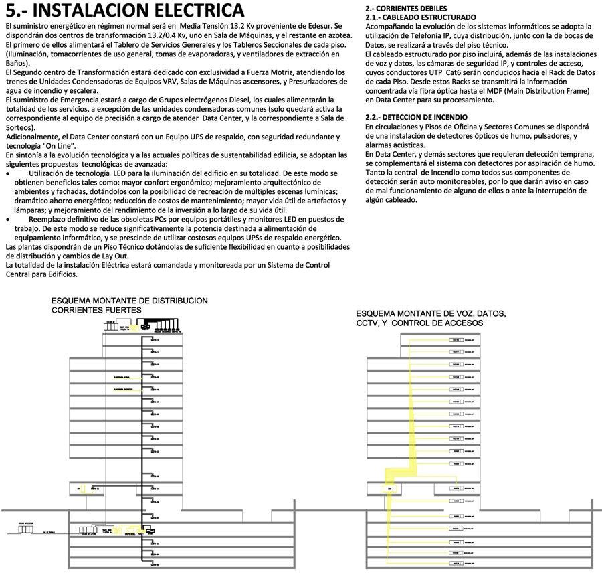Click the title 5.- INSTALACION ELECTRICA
(x=124, y=11)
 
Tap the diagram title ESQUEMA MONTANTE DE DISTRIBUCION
(x=130, y=301)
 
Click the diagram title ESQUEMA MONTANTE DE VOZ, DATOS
(x=431, y=314)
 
